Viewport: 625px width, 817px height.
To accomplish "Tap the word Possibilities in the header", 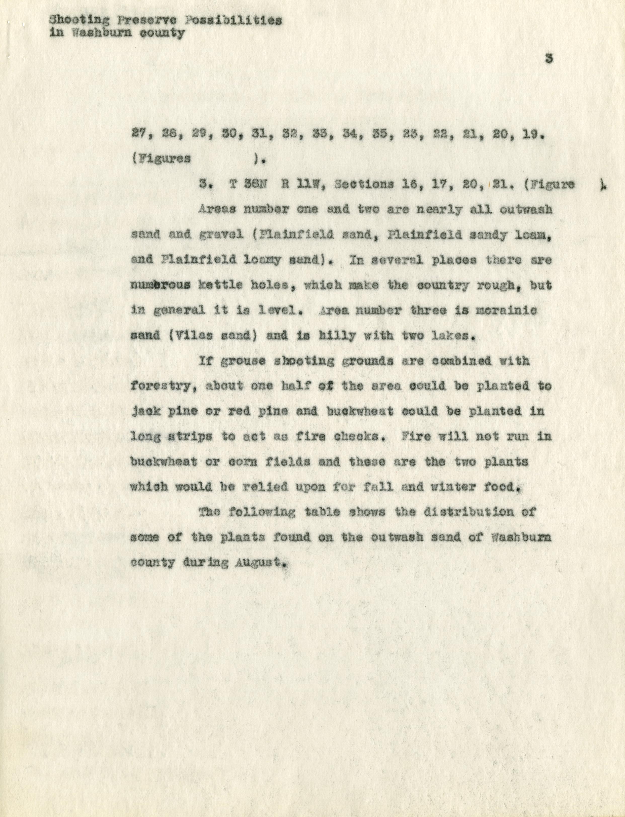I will click(x=233, y=20).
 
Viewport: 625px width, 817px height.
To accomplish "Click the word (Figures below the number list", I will click(x=161, y=159).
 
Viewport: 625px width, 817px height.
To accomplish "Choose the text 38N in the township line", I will click(x=255, y=185).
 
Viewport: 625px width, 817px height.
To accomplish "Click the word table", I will click(x=322, y=512).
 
